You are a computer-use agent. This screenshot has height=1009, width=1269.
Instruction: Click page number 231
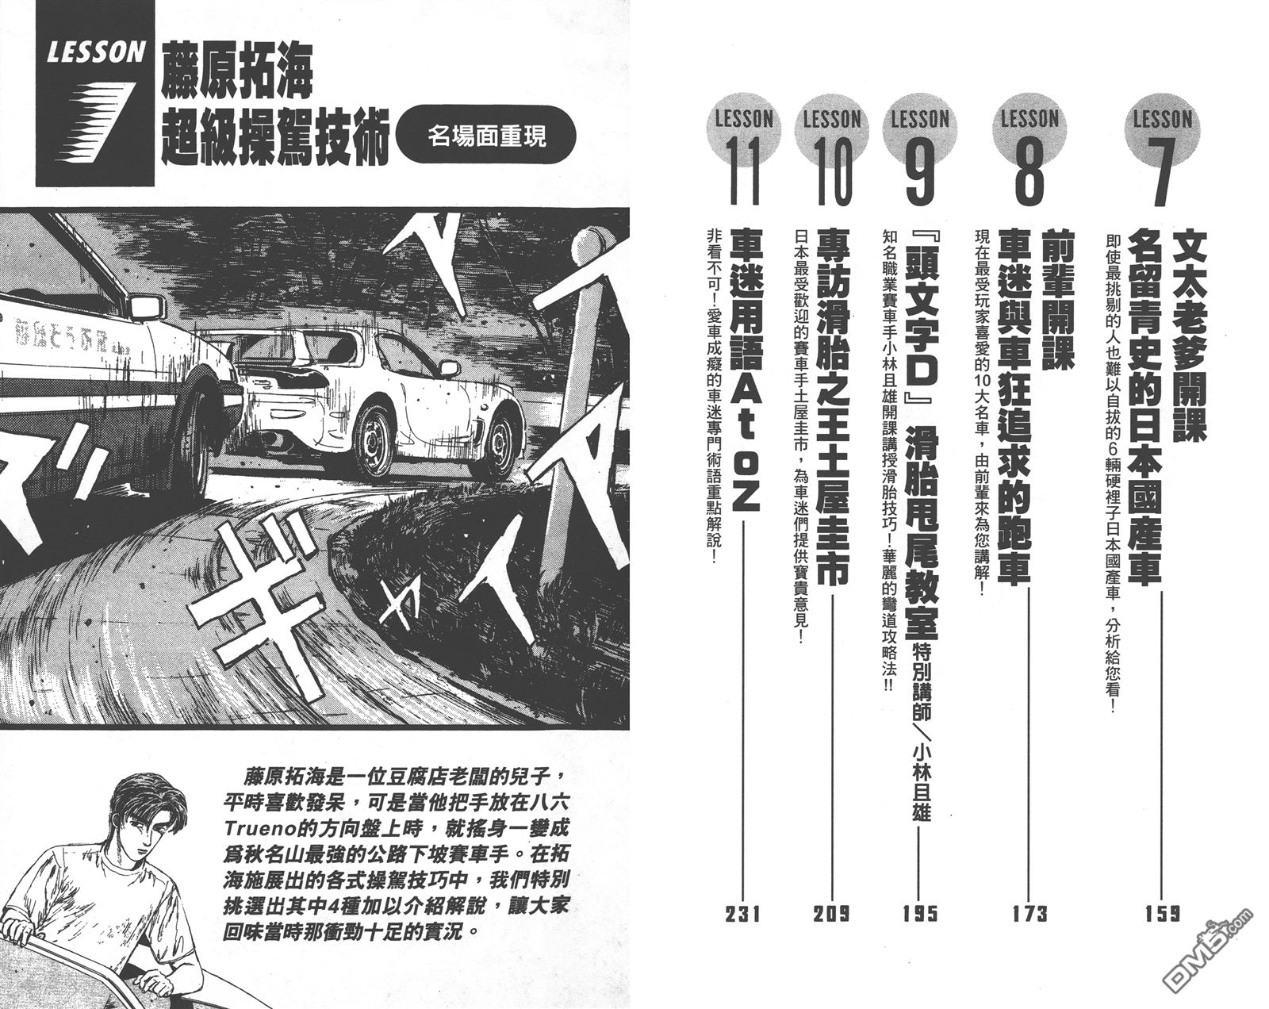(742, 915)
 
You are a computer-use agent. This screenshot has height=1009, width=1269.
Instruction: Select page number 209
(830, 915)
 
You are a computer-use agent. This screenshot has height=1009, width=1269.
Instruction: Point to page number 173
(1029, 915)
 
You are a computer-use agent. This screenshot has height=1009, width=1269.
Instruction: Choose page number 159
(1162, 915)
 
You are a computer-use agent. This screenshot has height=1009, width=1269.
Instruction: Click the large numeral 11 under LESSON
(742, 171)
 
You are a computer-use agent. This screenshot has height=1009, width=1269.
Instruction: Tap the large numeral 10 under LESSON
(830, 171)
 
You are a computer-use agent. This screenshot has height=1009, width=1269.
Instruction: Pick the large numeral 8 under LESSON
(1029, 171)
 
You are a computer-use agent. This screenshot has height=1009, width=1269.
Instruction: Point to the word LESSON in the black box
(96, 54)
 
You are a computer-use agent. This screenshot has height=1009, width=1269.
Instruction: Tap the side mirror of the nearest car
(146, 306)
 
